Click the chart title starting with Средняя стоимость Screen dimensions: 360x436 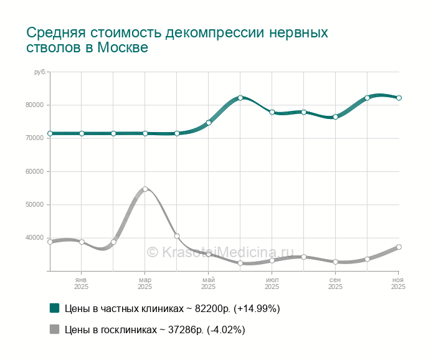[x=177, y=40]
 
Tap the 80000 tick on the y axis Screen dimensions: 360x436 [x=34, y=105]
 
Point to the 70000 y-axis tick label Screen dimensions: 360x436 [x=34, y=138]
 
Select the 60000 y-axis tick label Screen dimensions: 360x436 [x=34, y=171]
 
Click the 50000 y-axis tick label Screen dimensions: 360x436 [x=34, y=204]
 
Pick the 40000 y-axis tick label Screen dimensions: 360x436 [x=34, y=237]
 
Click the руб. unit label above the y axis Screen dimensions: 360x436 [x=40, y=72]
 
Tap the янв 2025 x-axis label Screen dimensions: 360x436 [x=81, y=283]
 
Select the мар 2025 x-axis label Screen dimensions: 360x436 [x=145, y=283]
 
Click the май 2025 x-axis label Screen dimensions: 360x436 [x=208, y=283]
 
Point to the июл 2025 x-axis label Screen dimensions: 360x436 [x=272, y=283]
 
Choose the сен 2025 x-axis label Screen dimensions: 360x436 [x=335, y=283]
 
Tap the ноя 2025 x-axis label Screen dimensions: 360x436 [x=398, y=283]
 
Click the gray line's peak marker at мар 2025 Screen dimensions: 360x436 [x=145, y=189]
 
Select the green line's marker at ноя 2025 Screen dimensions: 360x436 [x=399, y=98]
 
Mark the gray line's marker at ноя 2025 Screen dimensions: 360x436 [x=399, y=247]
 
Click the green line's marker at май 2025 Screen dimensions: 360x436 [x=209, y=123]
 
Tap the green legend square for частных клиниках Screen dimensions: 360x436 [x=54, y=308]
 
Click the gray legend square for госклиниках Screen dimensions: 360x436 [x=54, y=329]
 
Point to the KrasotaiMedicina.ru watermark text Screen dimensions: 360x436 [x=219, y=252]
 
